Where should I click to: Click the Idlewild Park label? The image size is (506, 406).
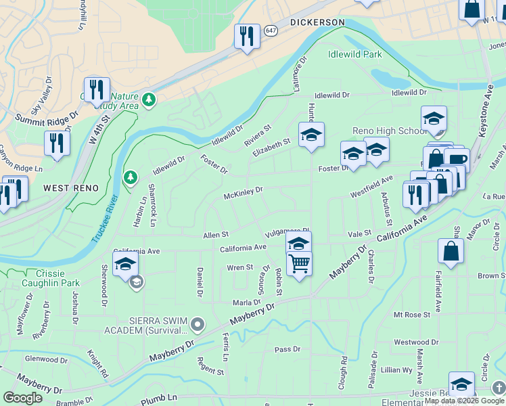354,55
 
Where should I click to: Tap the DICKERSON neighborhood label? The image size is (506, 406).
317,22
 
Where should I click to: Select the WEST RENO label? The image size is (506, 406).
72,187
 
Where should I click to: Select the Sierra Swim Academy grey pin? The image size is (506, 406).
198,325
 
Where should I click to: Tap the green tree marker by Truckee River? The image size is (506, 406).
130,177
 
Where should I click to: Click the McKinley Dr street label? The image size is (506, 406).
243,194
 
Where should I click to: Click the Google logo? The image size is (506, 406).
22,398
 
